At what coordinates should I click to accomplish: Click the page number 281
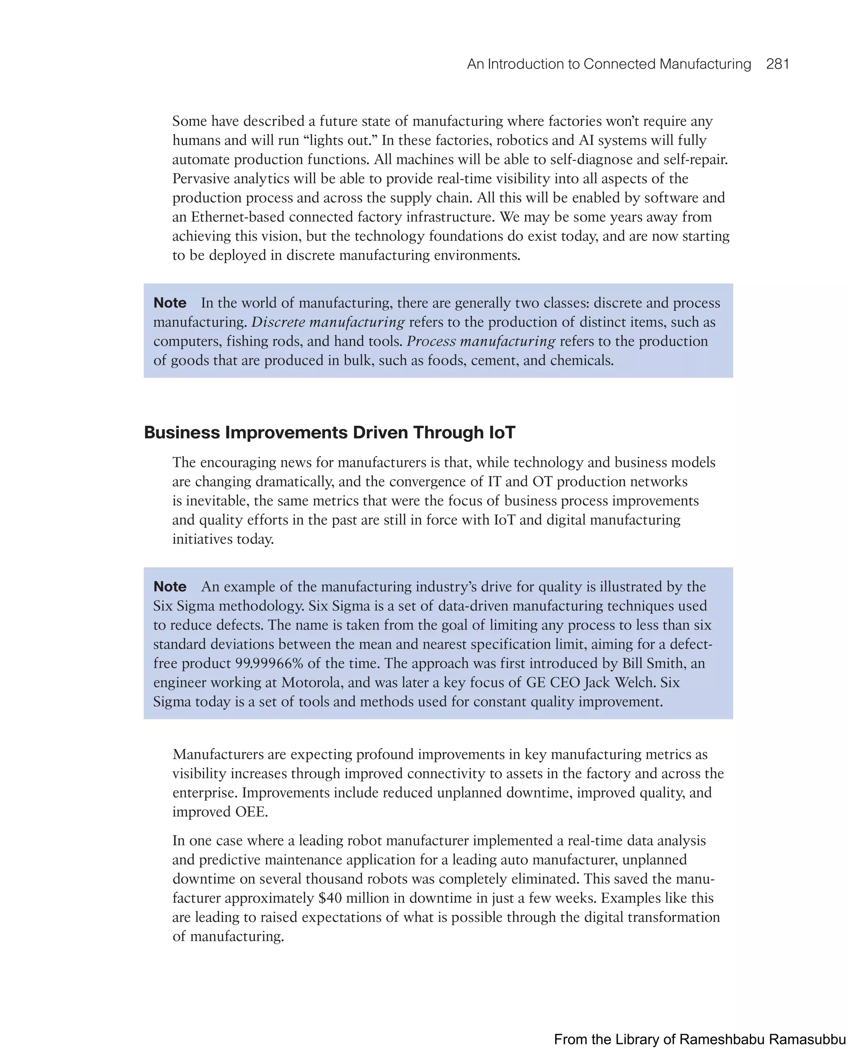coord(778,64)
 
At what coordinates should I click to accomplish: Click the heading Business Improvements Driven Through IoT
coord(329,433)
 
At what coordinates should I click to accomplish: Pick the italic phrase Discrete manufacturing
coord(328,322)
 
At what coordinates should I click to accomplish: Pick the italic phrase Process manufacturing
coord(481,342)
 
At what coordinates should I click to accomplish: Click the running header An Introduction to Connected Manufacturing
coord(609,64)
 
